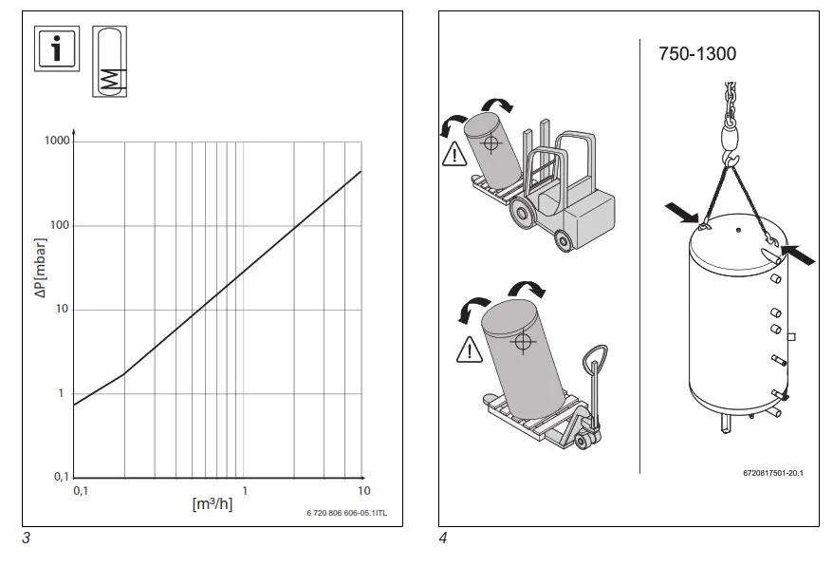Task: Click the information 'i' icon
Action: click(56, 49)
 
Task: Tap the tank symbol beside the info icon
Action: click(109, 62)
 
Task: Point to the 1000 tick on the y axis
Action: click(56, 141)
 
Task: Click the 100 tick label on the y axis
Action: click(58, 225)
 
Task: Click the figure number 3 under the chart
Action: click(26, 539)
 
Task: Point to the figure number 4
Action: click(443, 539)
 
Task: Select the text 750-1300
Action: click(696, 54)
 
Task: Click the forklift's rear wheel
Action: click(564, 242)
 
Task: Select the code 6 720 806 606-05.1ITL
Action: click(347, 513)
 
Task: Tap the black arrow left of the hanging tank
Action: click(682, 211)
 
